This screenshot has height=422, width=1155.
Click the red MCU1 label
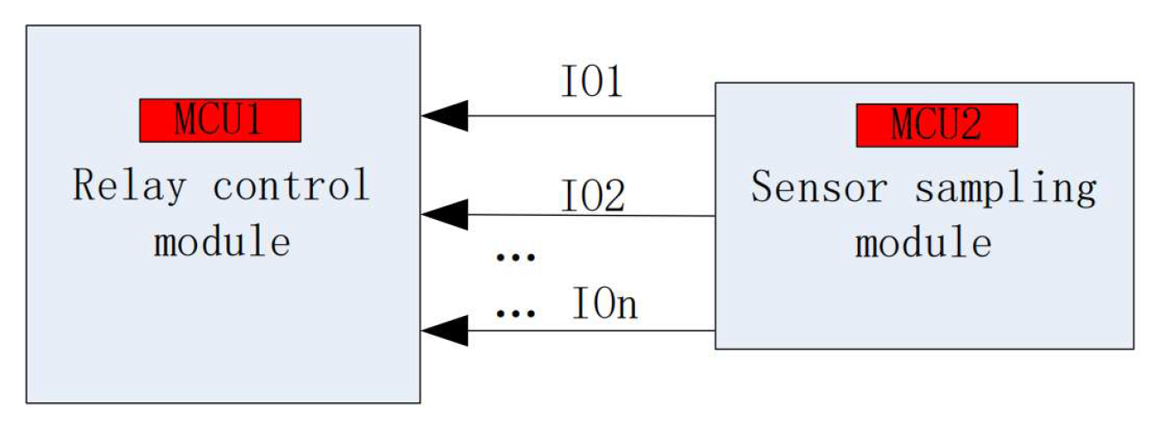[x=220, y=120]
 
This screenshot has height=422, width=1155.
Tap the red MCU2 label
[x=937, y=125]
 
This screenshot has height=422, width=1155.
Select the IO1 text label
[x=591, y=81]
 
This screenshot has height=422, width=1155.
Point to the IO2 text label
[x=592, y=195]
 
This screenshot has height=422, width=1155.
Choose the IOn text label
[x=605, y=304]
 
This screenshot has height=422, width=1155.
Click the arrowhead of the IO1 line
[x=445, y=116]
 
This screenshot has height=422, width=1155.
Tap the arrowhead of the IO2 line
[x=445, y=214]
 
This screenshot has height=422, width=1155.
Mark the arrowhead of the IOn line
[x=445, y=330]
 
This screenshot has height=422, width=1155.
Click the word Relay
[x=129, y=186]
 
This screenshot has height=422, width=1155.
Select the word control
[x=291, y=184]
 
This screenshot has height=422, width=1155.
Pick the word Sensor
[x=819, y=187]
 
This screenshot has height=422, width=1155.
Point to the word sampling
[x=1005, y=188]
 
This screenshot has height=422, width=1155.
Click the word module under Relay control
[x=222, y=241]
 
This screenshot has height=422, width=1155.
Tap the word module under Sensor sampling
[x=923, y=241]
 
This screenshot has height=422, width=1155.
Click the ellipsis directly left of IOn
[x=515, y=312]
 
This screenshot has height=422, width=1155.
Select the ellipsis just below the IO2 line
[x=515, y=256]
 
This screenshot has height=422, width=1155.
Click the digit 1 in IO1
[x=612, y=81]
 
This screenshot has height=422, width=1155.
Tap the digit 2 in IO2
[x=613, y=196]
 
